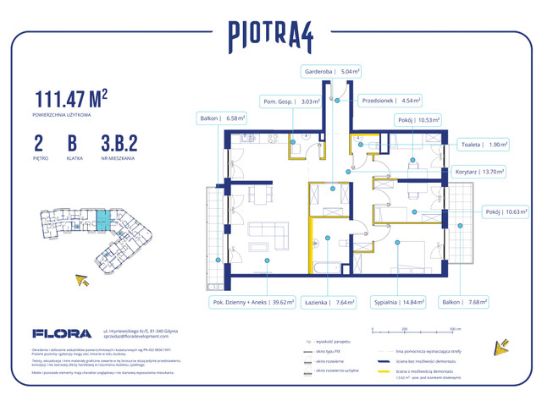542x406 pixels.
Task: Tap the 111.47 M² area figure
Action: click(71, 98)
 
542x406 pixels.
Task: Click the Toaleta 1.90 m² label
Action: click(484, 145)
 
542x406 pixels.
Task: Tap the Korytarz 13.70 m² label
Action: click(479, 171)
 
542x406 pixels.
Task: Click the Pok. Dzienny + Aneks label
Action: click(251, 301)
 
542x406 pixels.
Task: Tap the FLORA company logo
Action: click(56, 334)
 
